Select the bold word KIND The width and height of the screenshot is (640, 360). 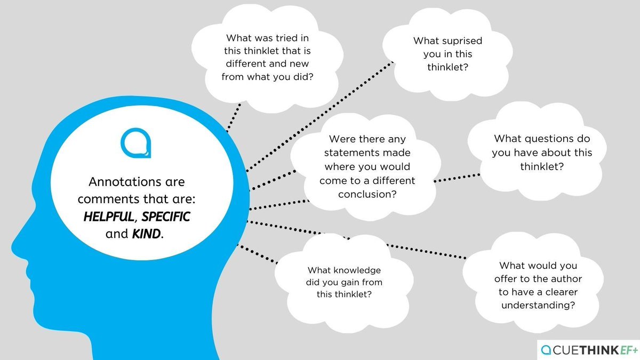[146, 234]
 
